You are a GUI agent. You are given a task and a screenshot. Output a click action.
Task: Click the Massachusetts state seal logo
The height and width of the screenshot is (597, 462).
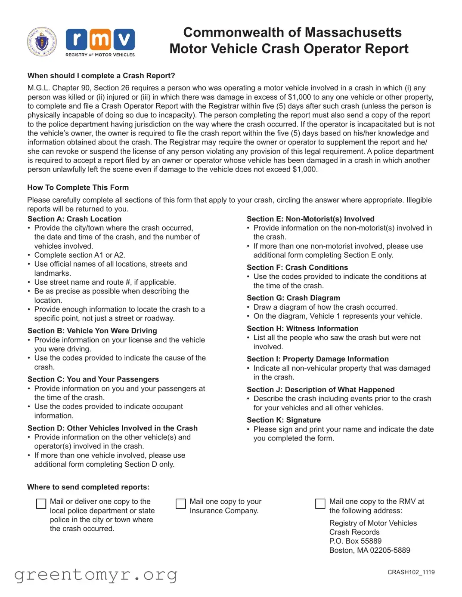[42, 42]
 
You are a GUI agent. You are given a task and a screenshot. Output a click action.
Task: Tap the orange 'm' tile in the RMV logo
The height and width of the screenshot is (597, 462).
[100, 40]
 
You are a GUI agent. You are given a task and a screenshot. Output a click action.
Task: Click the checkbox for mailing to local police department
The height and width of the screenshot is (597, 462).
[41, 504]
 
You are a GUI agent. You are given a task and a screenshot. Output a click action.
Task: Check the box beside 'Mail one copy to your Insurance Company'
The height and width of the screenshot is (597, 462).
[181, 504]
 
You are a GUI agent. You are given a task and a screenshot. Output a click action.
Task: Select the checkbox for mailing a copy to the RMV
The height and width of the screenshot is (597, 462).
[320, 504]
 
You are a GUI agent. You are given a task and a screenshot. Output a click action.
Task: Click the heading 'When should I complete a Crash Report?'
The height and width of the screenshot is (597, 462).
[101, 76]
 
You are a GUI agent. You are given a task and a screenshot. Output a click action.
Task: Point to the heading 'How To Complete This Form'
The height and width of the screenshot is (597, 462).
[78, 188]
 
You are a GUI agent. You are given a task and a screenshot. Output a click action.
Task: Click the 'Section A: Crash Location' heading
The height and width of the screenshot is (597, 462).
[74, 219]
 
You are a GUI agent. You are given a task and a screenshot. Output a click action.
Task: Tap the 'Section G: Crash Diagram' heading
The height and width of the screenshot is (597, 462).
[293, 298]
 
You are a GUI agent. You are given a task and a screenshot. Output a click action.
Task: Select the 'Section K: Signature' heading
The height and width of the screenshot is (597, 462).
[283, 420]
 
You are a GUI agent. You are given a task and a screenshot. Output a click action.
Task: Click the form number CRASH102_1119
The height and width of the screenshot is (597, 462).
[411, 572]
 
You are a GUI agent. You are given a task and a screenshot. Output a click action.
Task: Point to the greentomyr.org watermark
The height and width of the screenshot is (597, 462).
[96, 575]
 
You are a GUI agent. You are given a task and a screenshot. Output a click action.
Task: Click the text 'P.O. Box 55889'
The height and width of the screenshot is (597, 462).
[355, 541]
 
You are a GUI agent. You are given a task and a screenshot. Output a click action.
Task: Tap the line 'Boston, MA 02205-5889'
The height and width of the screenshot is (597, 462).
[369, 550]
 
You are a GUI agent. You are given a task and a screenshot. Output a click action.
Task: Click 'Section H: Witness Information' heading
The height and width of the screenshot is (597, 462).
[302, 329]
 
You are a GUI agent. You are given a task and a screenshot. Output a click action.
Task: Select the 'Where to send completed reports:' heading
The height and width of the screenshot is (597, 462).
[88, 487]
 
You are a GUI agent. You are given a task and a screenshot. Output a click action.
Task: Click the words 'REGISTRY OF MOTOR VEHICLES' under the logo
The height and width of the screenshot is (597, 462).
[100, 55]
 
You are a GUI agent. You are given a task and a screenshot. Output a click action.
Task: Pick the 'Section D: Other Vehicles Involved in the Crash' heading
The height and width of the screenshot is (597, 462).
[112, 428]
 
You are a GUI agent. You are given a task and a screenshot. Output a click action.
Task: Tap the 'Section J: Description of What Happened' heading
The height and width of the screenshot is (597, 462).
[320, 390]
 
